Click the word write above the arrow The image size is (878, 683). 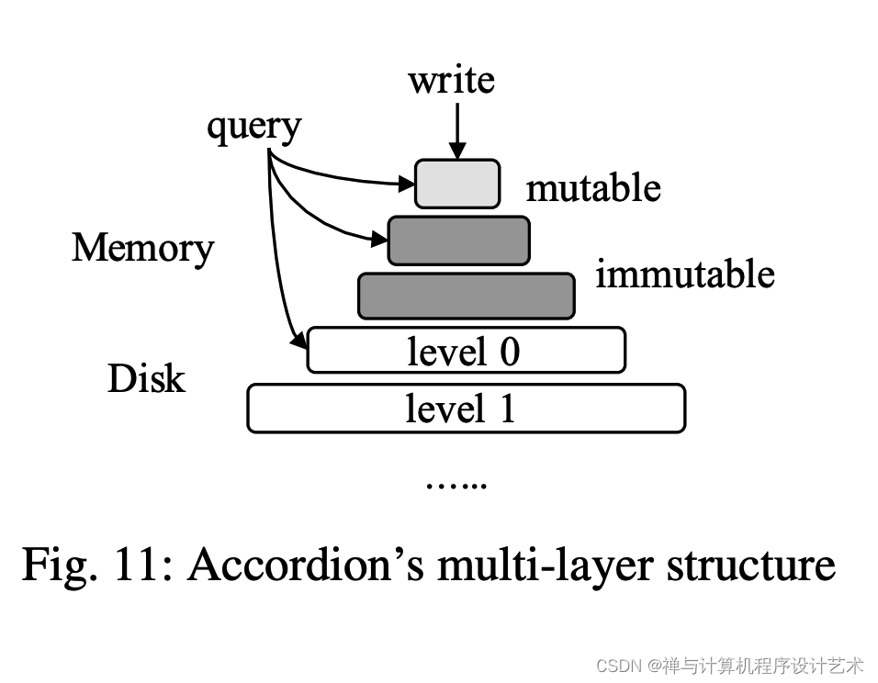coord(451,80)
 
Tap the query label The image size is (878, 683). coord(253,127)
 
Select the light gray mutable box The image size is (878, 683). coord(457,184)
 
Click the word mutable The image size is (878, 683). coord(592,188)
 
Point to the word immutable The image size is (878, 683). coord(684,274)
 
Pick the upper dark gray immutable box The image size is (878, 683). coord(458,241)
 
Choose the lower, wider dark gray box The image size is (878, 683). coord(466,297)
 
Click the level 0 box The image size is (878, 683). coord(466,350)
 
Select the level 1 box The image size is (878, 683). coord(466,408)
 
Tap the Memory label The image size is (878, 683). coord(142,248)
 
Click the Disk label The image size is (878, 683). coord(146,379)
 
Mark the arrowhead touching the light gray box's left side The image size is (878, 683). coord(407,185)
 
